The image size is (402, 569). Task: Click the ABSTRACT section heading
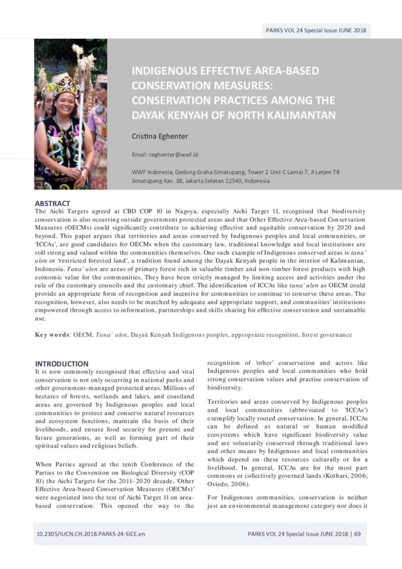(x=52, y=203)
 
